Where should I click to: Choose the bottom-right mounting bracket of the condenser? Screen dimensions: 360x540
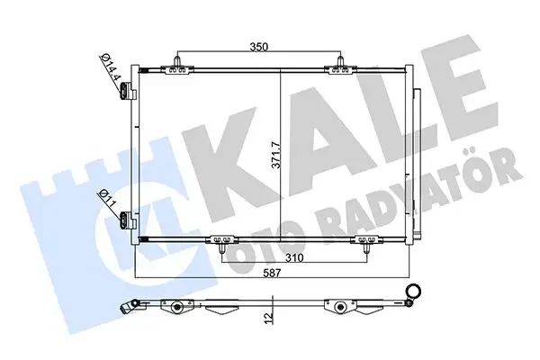(x=367, y=240)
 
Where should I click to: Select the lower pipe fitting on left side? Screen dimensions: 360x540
(x=127, y=218)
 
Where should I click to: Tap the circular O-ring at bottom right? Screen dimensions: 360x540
(x=415, y=290)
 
